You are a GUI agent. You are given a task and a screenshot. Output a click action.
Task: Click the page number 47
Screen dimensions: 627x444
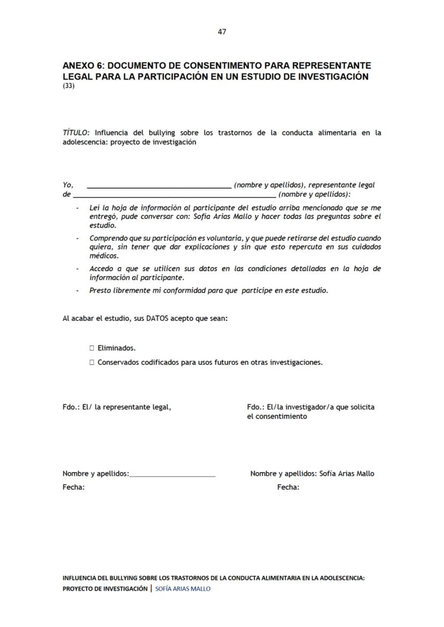click(221, 32)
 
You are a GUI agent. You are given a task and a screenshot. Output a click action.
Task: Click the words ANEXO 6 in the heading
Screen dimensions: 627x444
click(83, 65)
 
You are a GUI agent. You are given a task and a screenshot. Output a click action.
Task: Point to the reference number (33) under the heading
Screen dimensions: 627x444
click(69, 86)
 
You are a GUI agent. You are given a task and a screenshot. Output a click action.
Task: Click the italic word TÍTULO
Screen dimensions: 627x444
click(76, 133)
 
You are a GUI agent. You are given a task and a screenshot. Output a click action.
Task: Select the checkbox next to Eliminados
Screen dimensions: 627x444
click(92, 348)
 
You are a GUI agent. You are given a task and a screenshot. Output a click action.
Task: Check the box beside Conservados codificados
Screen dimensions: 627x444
click(92, 363)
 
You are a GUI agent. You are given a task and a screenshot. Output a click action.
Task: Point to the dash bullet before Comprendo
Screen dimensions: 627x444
click(78, 238)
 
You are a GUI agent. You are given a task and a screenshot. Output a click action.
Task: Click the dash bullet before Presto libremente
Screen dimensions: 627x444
click(78, 291)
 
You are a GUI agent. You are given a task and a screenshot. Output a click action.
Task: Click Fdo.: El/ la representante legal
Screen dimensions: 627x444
click(117, 407)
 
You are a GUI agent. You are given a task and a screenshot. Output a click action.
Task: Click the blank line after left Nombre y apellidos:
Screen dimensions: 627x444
click(172, 474)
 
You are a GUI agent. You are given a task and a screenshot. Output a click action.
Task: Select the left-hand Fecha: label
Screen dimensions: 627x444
click(73, 488)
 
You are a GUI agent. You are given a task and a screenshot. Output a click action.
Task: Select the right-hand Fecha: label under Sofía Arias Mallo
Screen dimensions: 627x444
click(288, 488)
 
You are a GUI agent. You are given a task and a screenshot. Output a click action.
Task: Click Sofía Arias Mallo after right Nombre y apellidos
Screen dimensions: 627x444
click(346, 474)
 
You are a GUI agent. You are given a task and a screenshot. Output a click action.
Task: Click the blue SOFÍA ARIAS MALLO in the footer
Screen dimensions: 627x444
click(183, 589)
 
